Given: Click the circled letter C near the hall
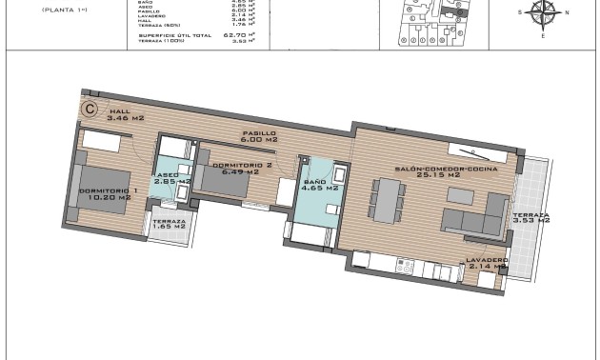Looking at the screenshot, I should point(89,109).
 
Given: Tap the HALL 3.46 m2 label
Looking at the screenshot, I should point(124,114).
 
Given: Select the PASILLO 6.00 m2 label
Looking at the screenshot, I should point(258,136).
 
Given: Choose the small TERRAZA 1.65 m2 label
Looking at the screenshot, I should point(170,226).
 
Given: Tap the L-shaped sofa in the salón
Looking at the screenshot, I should point(476,217).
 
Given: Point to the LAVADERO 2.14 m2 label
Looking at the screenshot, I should point(487,264).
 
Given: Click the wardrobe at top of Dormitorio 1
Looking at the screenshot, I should point(100,141).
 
